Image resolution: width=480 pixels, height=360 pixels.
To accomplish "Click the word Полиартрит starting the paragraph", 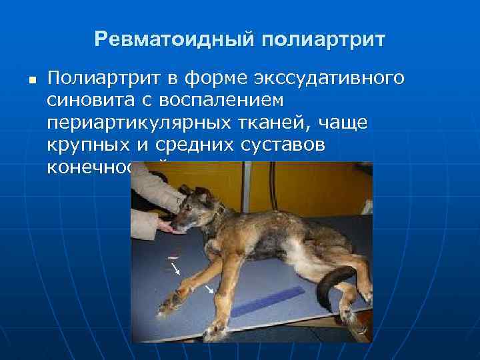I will click(x=103, y=79).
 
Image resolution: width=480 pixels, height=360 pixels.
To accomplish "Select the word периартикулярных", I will click(x=136, y=123).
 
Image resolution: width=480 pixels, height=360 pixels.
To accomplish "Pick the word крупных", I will click(x=88, y=145).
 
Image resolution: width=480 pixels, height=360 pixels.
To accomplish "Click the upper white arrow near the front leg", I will click(x=176, y=269).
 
